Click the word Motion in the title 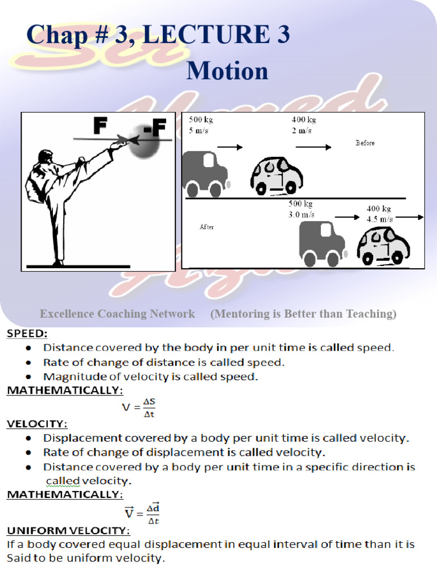click(x=227, y=71)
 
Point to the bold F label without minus click(x=101, y=127)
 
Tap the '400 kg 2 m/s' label click(x=303, y=125)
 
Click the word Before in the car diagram click(x=365, y=143)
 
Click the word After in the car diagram click(x=207, y=227)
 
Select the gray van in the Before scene click(x=204, y=173)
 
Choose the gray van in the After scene click(x=321, y=243)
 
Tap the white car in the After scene click(x=383, y=246)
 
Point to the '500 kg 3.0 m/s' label click(x=301, y=209)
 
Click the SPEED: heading click(x=27, y=334)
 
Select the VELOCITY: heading click(x=37, y=423)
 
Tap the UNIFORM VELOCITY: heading click(x=68, y=530)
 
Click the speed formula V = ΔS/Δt click(x=139, y=407)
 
